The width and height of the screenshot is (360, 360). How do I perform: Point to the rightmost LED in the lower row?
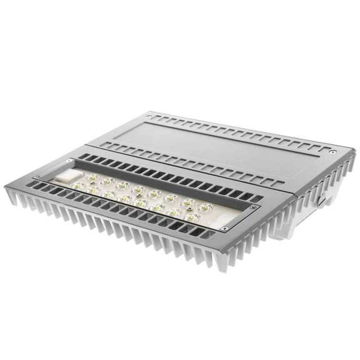pyautogui.click(x=192, y=217)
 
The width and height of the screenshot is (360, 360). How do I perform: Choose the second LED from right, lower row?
pyautogui.click(x=176, y=212)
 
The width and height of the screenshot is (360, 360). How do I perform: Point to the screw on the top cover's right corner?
pyautogui.click(x=333, y=151)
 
